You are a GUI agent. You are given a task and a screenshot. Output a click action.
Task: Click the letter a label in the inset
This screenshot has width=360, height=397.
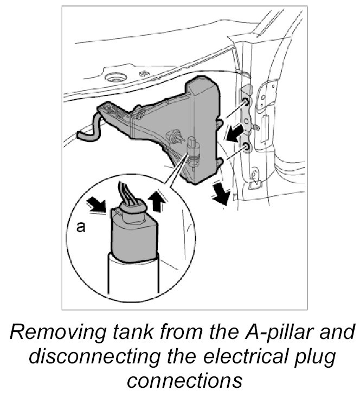(x=80, y=228)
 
